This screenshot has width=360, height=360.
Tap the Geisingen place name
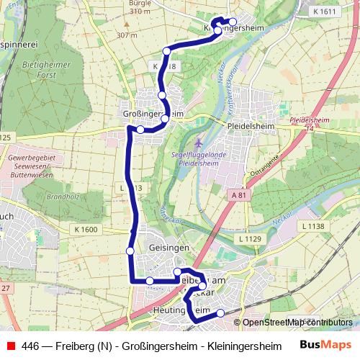pos(168,247)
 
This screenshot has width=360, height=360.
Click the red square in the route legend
pos(10,346)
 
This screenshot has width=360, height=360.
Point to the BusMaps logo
pos(325,346)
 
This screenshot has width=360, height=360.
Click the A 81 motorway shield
pos(239,195)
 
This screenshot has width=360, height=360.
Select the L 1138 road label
pos(314,226)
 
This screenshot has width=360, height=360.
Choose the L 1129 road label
pos(250,238)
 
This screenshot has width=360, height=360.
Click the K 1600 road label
pos(86,229)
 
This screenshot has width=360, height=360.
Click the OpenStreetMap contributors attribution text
pos(297,323)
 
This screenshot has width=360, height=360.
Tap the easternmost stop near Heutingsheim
pos(220,312)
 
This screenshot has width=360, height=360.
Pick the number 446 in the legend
pos(31,346)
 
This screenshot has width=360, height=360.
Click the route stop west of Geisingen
pos(130,251)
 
